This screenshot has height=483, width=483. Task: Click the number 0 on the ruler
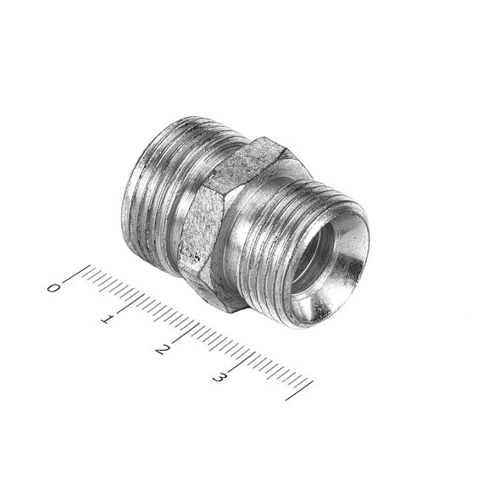tap(53, 288)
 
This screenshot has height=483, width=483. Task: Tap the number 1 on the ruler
tap(106, 319)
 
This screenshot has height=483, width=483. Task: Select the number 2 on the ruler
tap(162, 349)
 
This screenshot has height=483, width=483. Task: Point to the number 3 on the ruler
tap(218, 377)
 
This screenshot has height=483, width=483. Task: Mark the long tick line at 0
tap(76, 273)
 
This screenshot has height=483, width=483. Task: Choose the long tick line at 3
tap(241, 361)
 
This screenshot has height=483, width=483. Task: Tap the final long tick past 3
tap(299, 391)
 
